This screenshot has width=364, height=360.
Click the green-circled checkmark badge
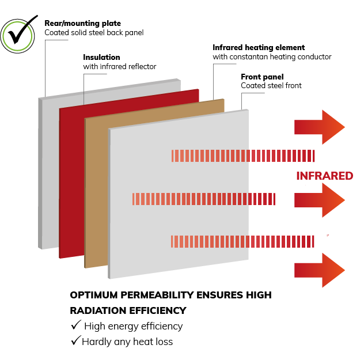[17, 35]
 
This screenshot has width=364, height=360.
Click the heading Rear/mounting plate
[82, 23]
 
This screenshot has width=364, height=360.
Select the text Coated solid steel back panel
[94, 32]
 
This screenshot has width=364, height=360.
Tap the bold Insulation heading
[101, 57]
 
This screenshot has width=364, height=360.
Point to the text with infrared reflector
[120, 67]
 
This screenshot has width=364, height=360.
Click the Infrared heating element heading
[259, 47]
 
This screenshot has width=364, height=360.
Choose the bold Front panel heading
[262, 77]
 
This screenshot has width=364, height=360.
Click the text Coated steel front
[271, 86]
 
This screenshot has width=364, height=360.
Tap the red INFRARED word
[324, 176]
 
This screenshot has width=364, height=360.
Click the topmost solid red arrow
[320, 127]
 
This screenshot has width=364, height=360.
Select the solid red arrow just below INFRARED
[320, 200]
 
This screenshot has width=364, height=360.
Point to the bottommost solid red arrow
[320, 270]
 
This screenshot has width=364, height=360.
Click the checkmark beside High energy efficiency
[76, 324]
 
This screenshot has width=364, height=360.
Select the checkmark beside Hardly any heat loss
[76, 340]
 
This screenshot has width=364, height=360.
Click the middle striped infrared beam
[204, 199]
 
